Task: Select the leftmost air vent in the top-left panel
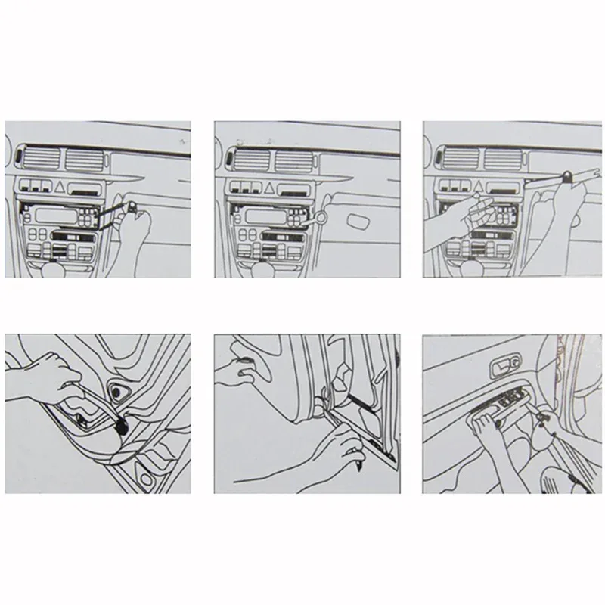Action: (39, 160)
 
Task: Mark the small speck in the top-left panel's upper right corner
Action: (178, 141)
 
